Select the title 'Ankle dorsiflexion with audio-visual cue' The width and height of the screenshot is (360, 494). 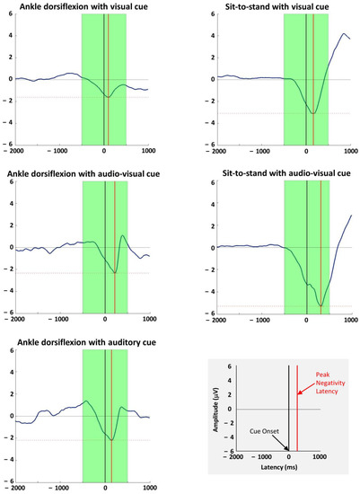pos(88,173)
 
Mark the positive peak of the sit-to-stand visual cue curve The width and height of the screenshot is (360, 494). pos(344,34)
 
